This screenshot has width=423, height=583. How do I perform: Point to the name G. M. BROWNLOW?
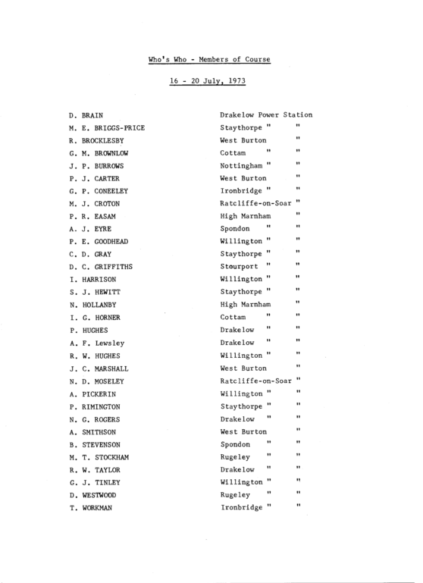96,153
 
